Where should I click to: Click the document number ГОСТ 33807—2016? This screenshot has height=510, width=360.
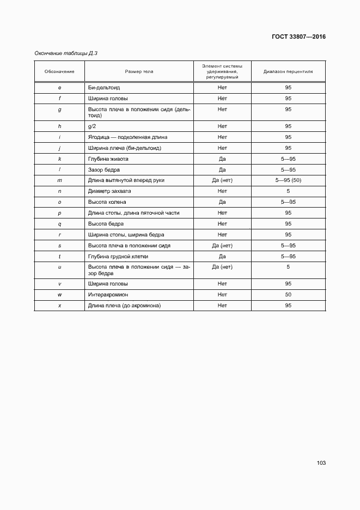[x=298, y=37]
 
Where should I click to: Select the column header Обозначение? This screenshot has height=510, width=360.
[x=59, y=71]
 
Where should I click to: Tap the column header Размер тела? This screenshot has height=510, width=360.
[x=139, y=71]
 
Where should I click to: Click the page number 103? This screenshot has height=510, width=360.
[x=321, y=463]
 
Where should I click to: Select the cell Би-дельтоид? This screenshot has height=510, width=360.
[x=104, y=88]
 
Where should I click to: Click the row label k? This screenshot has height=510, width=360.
[x=59, y=159]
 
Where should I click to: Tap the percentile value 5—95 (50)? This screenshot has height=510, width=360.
[x=288, y=180]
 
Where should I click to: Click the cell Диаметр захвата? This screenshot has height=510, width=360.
[x=109, y=191]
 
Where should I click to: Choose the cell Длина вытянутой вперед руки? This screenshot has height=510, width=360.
[x=126, y=180]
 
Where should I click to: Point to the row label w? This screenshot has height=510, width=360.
[x=59, y=295]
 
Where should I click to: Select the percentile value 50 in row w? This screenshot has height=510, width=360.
[x=288, y=295]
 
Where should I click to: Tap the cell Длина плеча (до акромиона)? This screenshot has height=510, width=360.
[x=124, y=306]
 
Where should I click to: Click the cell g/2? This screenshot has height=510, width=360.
[x=92, y=126]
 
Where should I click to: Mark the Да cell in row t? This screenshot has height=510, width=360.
[x=222, y=257]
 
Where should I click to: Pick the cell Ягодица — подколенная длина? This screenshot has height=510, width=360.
[x=128, y=137]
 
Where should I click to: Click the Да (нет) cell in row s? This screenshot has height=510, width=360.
[x=222, y=246]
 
